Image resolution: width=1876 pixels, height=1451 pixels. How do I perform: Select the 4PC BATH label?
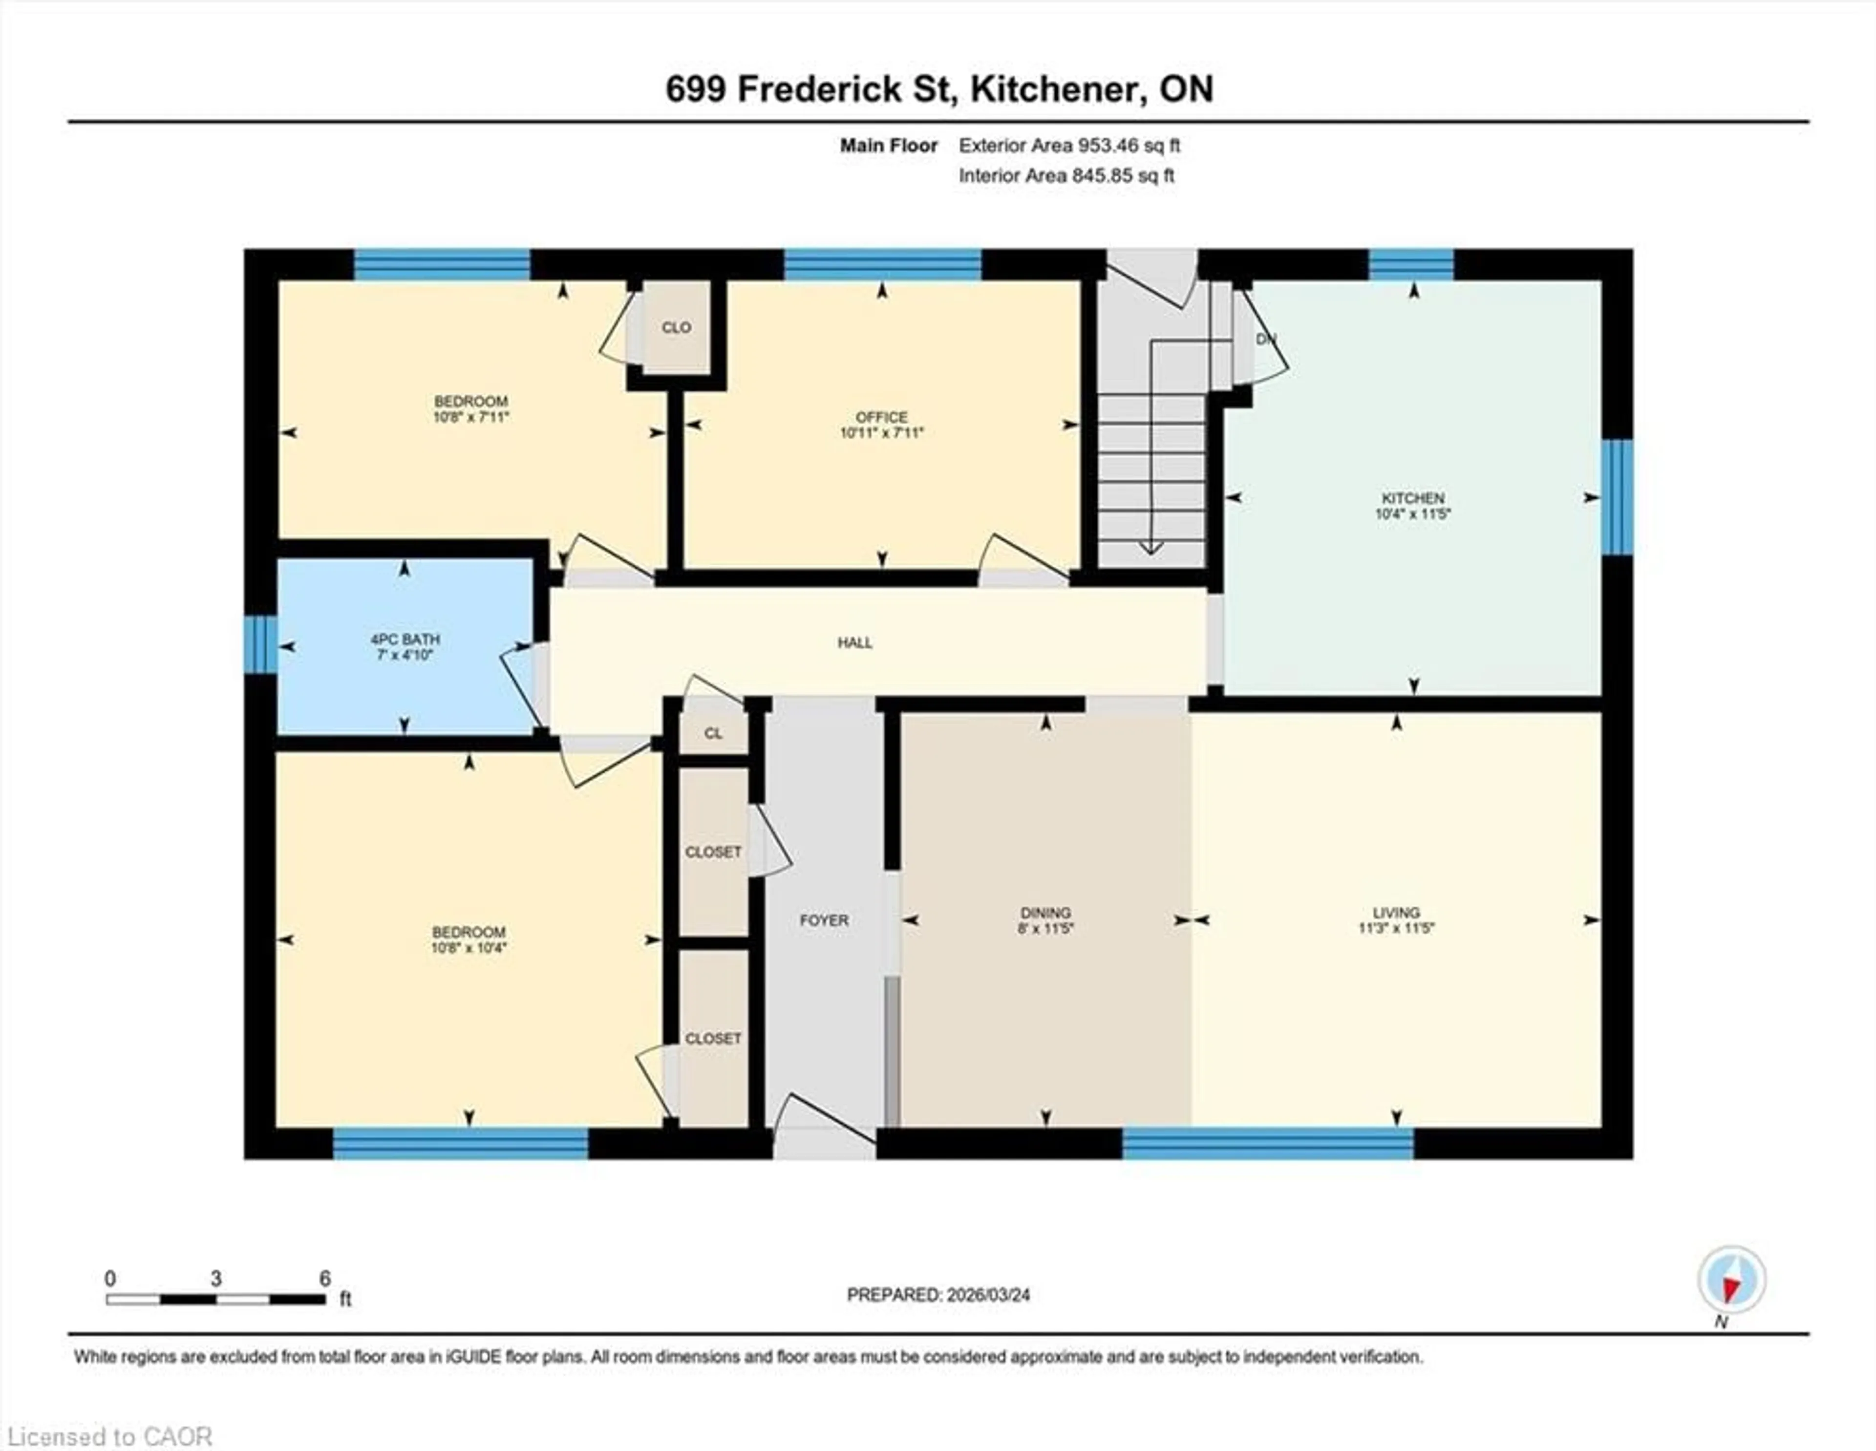[x=405, y=639]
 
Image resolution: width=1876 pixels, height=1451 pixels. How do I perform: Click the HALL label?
[x=854, y=642]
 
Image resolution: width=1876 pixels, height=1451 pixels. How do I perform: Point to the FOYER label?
[x=824, y=920]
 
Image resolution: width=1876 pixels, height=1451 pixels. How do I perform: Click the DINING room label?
[x=1045, y=912]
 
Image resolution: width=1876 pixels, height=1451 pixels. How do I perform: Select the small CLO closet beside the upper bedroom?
[x=677, y=327]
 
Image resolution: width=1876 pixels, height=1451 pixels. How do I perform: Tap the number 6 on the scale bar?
[x=325, y=1279]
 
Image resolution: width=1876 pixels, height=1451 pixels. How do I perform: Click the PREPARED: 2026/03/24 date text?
[x=938, y=1295]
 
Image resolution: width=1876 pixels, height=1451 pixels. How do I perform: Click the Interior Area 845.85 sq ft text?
[x=1066, y=176]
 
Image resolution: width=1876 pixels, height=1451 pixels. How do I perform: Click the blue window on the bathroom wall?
[x=260, y=644]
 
